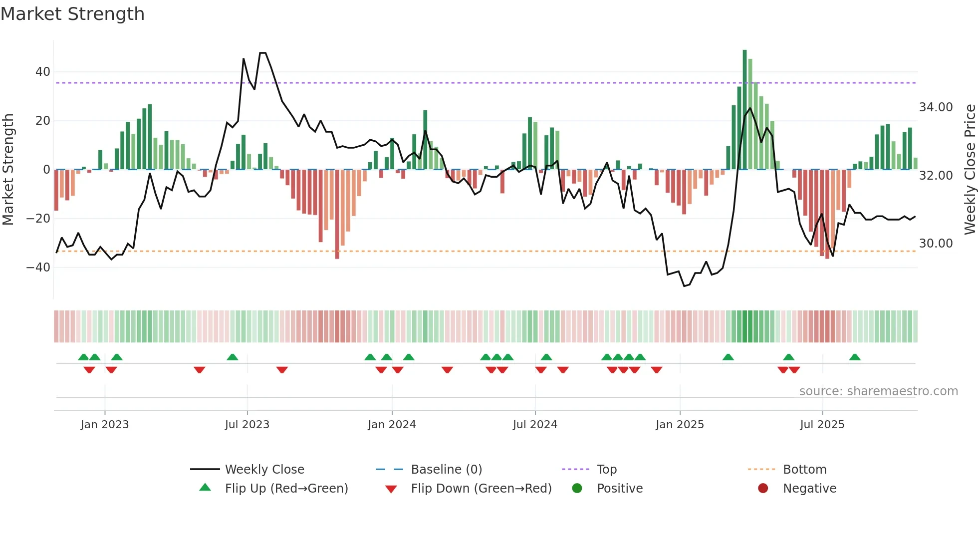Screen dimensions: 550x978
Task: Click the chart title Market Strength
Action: pos(72,14)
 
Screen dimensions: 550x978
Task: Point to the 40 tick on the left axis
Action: pos(43,72)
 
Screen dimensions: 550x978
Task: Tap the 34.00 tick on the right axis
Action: pos(936,107)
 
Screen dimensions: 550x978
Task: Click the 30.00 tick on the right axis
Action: pos(936,244)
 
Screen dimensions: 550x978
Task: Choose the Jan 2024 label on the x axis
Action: pos(392,425)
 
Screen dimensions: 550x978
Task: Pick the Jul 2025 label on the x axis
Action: pos(822,425)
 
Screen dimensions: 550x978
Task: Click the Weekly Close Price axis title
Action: pos(970,169)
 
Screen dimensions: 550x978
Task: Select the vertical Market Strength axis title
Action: pos(8,169)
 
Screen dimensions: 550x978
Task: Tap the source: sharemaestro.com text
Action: pos(878,391)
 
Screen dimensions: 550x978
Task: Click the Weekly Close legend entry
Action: pos(264,470)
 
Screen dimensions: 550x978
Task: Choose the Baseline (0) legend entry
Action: pos(446,470)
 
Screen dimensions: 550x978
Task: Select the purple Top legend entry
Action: pos(607,470)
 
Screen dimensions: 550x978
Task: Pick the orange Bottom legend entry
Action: pos(804,470)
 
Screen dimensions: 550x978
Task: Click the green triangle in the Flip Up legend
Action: pos(205,488)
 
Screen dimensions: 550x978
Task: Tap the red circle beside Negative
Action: pos(762,489)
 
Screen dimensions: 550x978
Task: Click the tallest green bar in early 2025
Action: pos(744,110)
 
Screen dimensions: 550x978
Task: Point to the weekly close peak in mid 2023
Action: pos(262,53)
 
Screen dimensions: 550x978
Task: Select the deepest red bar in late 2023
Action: pos(337,215)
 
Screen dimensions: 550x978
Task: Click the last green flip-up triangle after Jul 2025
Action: pos(855,357)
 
